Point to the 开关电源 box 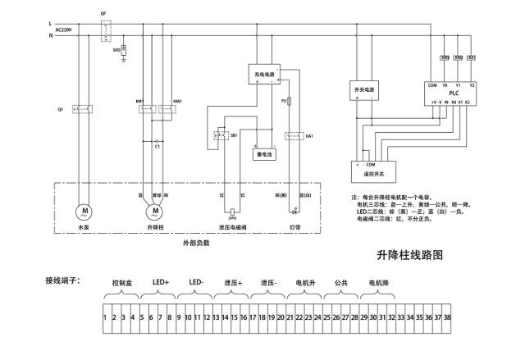pos(363,89)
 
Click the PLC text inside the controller pos(453,93)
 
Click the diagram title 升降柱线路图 pos(409,255)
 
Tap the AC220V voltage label pos(64,30)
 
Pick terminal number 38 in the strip pos(447,316)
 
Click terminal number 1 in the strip pos(106,316)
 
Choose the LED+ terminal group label pos(161,282)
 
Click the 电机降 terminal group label pos(380,282)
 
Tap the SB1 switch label pos(234,135)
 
